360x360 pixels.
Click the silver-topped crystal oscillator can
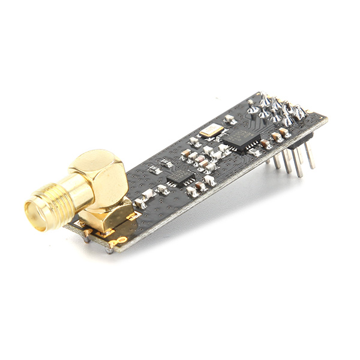(x=211, y=130)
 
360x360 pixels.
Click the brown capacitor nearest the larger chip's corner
(x=264, y=144)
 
